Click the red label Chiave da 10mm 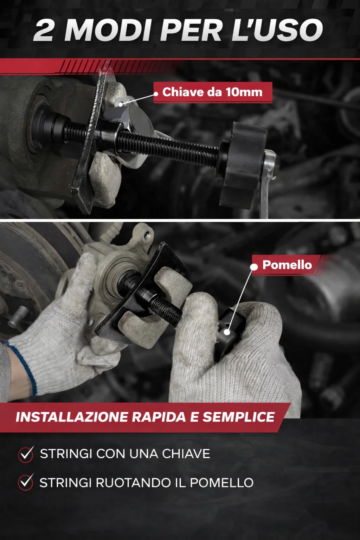213,92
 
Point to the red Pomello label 287,265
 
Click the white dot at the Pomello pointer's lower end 227,332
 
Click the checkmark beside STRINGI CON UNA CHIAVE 26,454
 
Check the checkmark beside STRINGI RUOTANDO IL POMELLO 26,482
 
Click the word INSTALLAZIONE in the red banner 71,417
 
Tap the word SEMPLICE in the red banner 238,417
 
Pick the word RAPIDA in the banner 159,417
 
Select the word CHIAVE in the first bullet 186,454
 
